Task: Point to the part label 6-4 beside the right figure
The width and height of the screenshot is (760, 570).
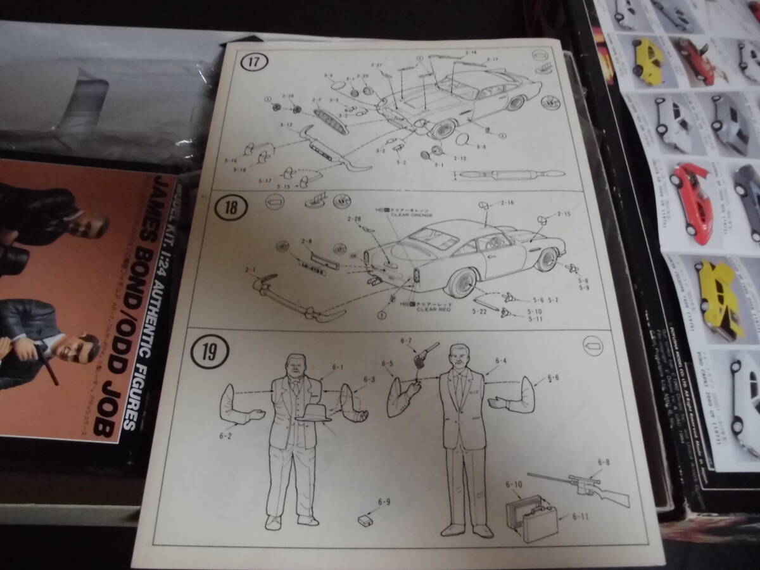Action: (x=501, y=361)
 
